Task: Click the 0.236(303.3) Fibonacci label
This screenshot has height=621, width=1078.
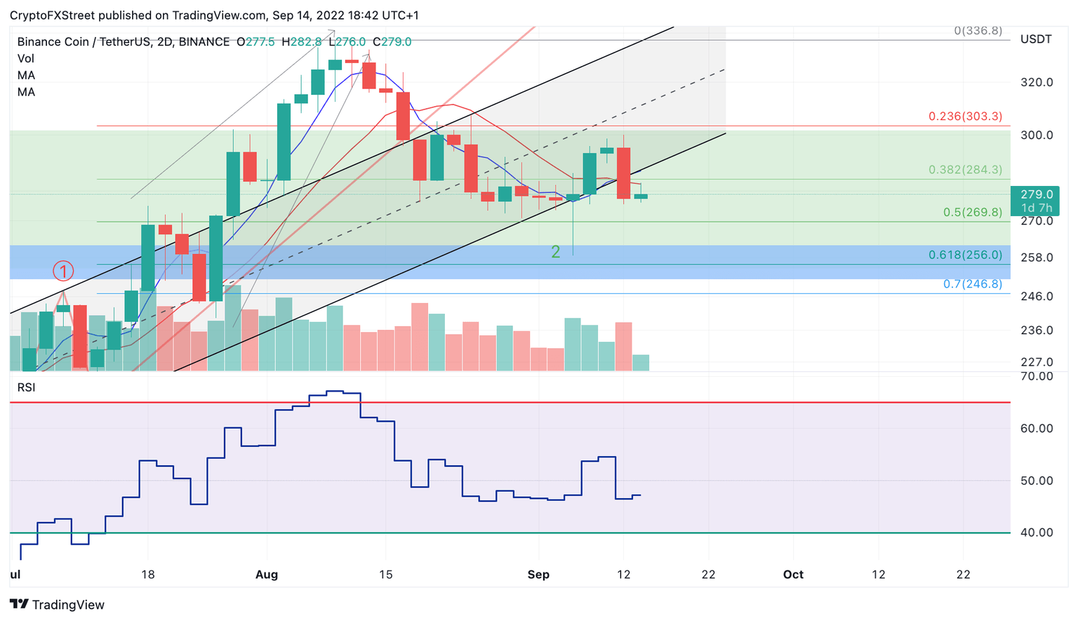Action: coord(965,116)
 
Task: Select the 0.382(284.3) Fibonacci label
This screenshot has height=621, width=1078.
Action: coord(965,170)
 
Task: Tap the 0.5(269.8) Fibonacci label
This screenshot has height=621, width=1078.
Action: coord(972,212)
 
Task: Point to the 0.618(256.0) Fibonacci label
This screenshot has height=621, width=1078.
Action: coord(965,255)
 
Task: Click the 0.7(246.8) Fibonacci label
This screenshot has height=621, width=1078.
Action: coord(972,284)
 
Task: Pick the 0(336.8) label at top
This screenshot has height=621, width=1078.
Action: coord(978,31)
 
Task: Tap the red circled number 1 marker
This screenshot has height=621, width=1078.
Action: coord(63,271)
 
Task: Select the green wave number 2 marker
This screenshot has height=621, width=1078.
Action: coord(555,252)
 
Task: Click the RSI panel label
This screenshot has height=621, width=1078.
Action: coord(26,387)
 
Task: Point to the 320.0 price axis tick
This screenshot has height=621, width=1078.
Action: coord(1036,82)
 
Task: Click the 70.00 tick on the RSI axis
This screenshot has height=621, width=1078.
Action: coord(1036,376)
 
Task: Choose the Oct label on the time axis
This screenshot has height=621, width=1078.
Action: coord(793,575)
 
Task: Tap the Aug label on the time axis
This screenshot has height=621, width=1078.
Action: coord(267,575)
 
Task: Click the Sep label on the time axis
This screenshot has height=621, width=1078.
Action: coord(538,575)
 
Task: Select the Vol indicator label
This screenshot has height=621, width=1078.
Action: coord(26,59)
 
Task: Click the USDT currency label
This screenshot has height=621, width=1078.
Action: coord(1035,39)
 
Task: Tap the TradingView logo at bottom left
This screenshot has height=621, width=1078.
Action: coord(57,605)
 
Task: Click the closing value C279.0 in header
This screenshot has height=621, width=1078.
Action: coord(392,42)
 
